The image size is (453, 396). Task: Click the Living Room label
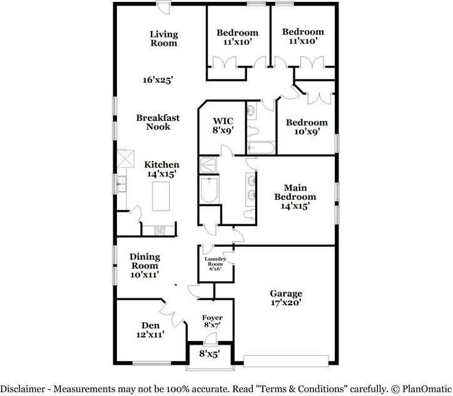163,39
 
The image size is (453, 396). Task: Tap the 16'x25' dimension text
158,80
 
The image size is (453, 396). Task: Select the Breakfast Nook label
158,122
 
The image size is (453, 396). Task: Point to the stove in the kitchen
160,229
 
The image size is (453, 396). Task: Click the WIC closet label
223,126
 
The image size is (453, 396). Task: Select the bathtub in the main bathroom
208,189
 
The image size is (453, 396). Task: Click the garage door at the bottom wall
286,362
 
